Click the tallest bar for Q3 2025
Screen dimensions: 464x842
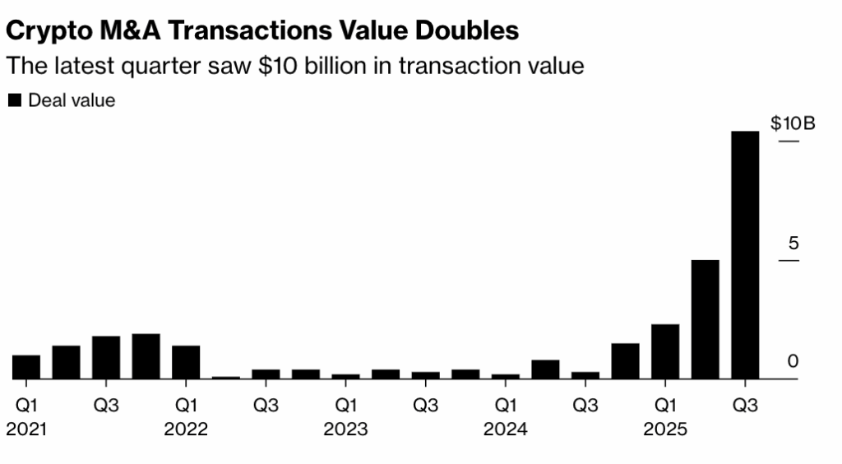click(x=745, y=255)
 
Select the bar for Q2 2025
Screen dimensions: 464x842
click(x=705, y=319)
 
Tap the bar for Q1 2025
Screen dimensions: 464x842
click(x=665, y=351)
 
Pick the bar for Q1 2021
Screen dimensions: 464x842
click(x=26, y=367)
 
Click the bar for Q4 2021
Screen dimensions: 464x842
click(x=146, y=356)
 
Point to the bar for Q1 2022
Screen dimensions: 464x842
click(x=186, y=362)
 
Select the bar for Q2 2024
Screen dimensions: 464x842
click(x=545, y=369)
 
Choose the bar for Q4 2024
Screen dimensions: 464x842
click(x=625, y=361)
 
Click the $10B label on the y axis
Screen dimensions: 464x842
click(x=793, y=124)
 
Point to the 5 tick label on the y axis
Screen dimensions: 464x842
click(x=793, y=244)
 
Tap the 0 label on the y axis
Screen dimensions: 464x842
click(x=793, y=361)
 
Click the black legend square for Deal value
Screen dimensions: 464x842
click(x=15, y=100)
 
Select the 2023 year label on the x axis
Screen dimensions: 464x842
click(x=345, y=429)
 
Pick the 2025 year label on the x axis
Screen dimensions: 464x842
click(x=665, y=429)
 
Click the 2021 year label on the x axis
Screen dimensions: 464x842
click(x=27, y=429)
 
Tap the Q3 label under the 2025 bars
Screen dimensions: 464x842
click(x=745, y=406)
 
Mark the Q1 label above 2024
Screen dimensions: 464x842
click(x=506, y=406)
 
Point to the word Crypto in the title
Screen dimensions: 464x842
click(x=45, y=30)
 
